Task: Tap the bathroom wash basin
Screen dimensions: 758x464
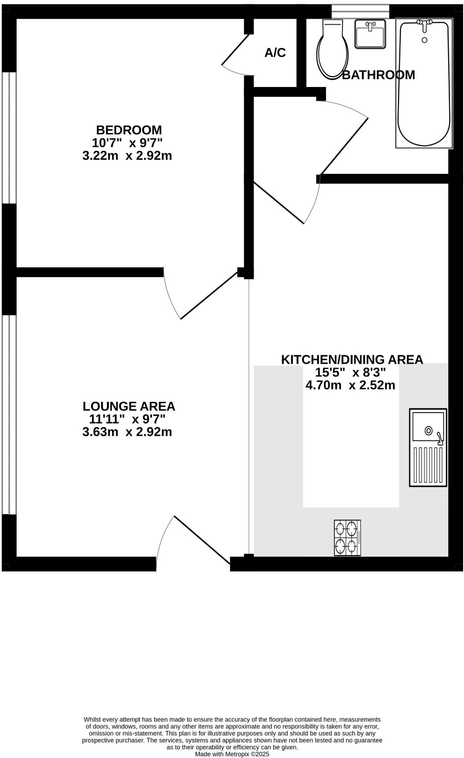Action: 370,34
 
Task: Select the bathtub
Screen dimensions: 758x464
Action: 424,83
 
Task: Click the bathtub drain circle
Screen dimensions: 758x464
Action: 424,40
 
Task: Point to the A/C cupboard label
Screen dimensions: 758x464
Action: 275,53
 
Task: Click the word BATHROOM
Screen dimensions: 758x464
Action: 378,75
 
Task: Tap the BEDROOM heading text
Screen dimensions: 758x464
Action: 129,130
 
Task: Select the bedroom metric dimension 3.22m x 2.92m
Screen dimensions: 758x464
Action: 127,155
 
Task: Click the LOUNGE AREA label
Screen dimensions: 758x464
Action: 129,406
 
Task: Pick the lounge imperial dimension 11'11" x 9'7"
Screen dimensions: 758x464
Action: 127,419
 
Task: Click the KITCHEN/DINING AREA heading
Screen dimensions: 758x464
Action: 352,360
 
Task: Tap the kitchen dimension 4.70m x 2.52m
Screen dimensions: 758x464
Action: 350,385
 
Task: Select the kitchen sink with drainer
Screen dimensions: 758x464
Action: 428,447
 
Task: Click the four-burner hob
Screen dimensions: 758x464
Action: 347,538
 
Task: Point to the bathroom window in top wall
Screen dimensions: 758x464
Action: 360,11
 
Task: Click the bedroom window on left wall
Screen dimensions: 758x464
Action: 9,137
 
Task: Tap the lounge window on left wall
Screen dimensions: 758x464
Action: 9,414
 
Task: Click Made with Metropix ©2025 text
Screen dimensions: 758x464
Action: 232,754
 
